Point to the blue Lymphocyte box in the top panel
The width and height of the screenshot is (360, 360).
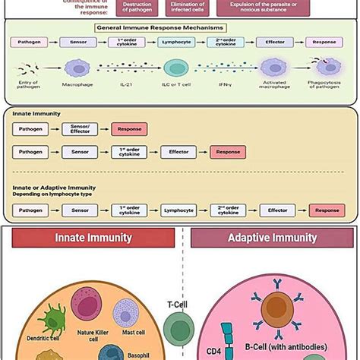tap(177, 43)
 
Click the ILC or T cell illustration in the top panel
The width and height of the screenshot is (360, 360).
tap(177, 68)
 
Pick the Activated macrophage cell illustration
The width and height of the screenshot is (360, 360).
tap(276, 68)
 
